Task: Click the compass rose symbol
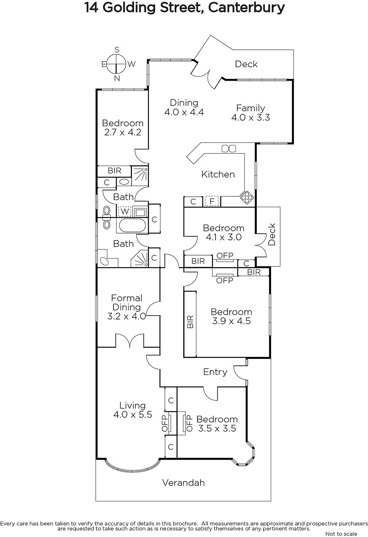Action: [116, 64]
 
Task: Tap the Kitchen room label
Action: [218, 174]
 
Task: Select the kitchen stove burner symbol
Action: [246, 198]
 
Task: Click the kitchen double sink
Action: [229, 148]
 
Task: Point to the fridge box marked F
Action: [212, 201]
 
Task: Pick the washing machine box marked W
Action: [125, 211]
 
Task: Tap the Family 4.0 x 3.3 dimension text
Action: [250, 117]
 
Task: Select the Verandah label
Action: [184, 483]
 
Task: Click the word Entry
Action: [215, 372]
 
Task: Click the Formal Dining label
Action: [127, 302]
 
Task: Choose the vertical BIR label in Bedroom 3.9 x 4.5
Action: [190, 322]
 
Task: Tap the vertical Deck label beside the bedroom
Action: [272, 234]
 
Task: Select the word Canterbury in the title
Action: [246, 8]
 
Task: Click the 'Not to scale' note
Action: [341, 534]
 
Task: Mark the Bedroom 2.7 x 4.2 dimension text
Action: [123, 132]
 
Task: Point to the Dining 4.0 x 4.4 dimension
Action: [184, 112]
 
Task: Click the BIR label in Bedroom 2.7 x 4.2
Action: [114, 171]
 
